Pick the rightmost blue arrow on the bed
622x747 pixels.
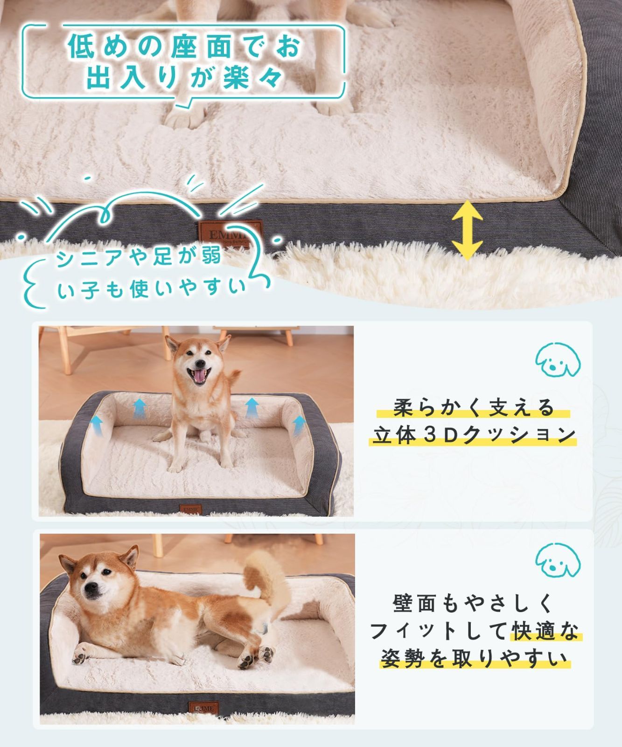[299, 426]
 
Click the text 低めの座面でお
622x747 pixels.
[184, 47]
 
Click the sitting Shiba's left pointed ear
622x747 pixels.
[172, 344]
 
